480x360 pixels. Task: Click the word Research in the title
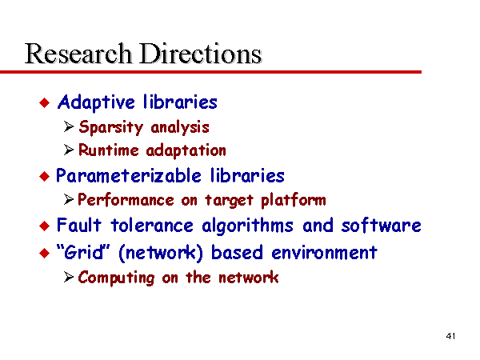(78, 54)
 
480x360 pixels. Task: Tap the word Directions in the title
(201, 54)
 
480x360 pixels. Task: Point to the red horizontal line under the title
(210, 72)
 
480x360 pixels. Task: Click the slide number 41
(450, 336)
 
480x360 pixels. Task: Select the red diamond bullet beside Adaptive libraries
(45, 102)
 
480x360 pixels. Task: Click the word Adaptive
(96, 102)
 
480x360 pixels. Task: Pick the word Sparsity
(111, 127)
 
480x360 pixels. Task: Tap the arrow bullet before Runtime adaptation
(69, 150)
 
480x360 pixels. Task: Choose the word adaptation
(186, 150)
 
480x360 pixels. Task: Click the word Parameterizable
(129, 176)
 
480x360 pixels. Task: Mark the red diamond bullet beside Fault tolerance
(45, 226)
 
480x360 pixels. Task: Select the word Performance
(126, 200)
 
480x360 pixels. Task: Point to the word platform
(294, 200)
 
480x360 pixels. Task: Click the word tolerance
(152, 226)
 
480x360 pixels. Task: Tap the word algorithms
(247, 226)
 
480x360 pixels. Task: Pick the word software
(382, 226)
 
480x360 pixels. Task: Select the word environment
(325, 253)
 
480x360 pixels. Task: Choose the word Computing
(116, 278)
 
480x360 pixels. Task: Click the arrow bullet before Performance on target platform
(69, 199)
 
